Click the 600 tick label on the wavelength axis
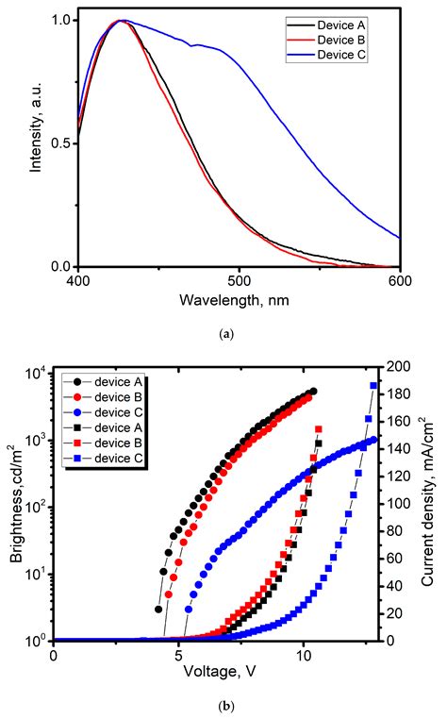tap(400, 281)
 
